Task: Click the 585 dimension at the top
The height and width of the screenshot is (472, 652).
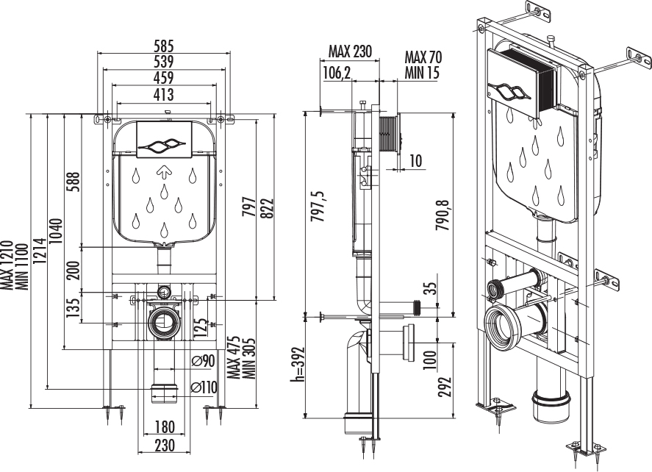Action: pos(163,44)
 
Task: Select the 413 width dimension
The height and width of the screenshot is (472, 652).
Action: pos(163,94)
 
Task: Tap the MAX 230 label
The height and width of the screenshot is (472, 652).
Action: pos(351,52)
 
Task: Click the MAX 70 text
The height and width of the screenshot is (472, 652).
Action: pos(423,57)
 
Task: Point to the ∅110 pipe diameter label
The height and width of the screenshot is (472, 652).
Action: pos(203,387)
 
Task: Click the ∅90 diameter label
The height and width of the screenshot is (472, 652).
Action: pos(202,360)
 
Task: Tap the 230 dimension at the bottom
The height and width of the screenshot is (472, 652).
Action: pos(165,445)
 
